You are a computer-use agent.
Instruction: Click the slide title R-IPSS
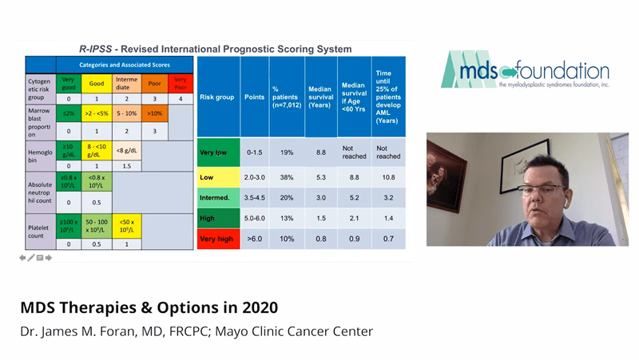click(x=220, y=49)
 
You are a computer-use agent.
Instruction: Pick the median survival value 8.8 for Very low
click(x=319, y=152)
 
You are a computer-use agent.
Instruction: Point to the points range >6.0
click(x=253, y=238)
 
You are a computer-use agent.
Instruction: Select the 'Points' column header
click(x=253, y=97)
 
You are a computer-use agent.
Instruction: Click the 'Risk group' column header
click(x=216, y=97)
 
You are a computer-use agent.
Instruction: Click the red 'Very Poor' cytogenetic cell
click(x=181, y=82)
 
